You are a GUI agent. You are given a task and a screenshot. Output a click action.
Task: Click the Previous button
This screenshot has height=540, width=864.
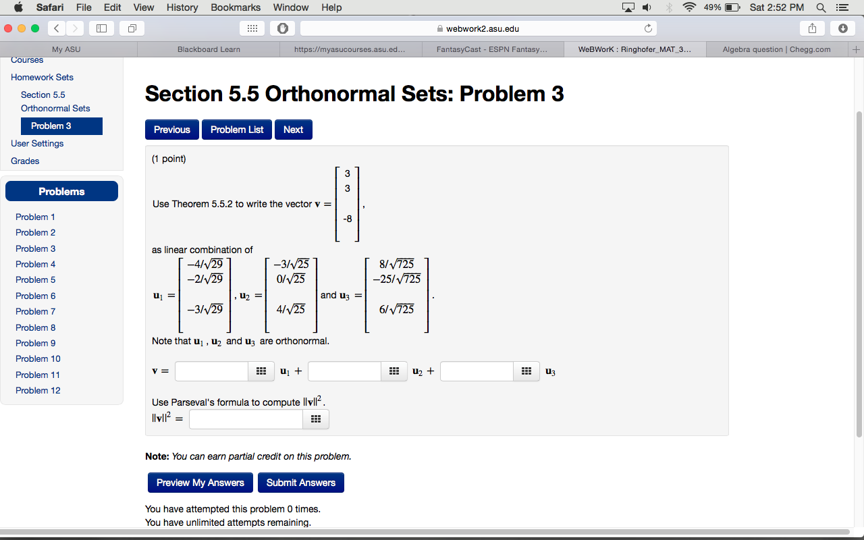click(x=172, y=130)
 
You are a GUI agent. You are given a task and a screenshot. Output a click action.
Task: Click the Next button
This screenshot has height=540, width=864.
click(x=293, y=130)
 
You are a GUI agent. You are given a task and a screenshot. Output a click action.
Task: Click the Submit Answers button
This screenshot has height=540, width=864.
click(x=300, y=483)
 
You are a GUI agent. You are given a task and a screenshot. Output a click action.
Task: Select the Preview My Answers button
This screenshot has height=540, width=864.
click(x=200, y=483)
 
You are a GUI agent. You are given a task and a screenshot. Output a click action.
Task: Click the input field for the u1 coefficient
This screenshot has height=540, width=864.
click(x=212, y=371)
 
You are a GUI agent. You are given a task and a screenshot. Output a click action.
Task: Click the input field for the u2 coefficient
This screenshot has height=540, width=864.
click(x=345, y=371)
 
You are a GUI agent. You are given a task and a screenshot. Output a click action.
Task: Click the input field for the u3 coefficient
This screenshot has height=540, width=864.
click(x=477, y=371)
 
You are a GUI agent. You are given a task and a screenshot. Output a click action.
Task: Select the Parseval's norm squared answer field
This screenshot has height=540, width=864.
click(x=246, y=419)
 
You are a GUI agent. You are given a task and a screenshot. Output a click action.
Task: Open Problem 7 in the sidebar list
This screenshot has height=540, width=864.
click(x=36, y=311)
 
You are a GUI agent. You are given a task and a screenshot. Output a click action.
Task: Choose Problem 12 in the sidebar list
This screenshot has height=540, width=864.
click(x=38, y=390)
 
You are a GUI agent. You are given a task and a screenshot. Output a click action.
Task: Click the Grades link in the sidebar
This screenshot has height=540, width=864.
click(x=25, y=161)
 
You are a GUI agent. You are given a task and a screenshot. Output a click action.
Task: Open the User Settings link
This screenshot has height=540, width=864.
click(x=37, y=143)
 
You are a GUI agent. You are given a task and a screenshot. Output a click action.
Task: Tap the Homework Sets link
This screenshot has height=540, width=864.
click(x=42, y=77)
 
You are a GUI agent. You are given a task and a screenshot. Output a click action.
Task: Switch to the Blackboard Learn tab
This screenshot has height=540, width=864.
click(x=209, y=49)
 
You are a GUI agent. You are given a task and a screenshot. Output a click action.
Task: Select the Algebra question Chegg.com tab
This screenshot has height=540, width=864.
click(x=776, y=49)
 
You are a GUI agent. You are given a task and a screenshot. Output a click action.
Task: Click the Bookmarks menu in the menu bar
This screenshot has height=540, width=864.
click(x=236, y=7)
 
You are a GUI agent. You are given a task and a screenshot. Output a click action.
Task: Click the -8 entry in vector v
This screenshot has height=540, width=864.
click(x=347, y=219)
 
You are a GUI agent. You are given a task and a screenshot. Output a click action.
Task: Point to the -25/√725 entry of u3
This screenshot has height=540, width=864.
click(x=397, y=279)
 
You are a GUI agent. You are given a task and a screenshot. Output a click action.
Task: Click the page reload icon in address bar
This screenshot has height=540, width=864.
click(x=648, y=28)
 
